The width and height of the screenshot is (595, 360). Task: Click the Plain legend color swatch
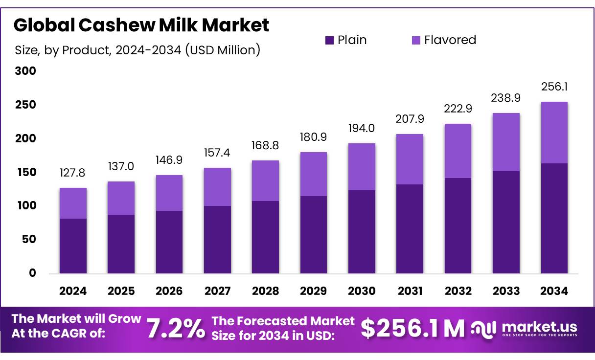click(x=329, y=40)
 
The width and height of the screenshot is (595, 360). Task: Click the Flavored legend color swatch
click(x=416, y=40)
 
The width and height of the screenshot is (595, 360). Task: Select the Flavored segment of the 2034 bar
click(x=554, y=133)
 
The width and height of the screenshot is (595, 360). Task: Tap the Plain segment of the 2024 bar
click(x=73, y=246)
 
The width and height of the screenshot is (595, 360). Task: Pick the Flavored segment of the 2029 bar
click(x=313, y=174)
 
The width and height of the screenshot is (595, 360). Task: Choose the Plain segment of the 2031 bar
click(x=410, y=228)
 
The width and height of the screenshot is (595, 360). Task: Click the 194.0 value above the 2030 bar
click(x=362, y=129)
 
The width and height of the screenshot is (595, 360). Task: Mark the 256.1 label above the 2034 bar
click(x=554, y=87)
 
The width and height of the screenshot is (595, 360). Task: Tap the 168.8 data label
click(x=265, y=146)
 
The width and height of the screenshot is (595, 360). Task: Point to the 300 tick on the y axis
click(x=25, y=71)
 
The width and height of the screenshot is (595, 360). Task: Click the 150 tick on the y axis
click(x=25, y=172)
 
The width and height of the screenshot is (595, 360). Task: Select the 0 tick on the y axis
click(x=32, y=273)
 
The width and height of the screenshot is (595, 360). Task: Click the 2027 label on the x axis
click(x=217, y=291)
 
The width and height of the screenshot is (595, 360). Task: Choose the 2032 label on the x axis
click(x=458, y=291)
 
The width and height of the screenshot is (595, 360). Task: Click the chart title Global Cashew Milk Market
click(x=141, y=25)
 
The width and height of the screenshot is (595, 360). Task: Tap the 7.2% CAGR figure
click(x=176, y=329)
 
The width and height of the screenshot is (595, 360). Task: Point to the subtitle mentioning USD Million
click(x=137, y=50)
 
